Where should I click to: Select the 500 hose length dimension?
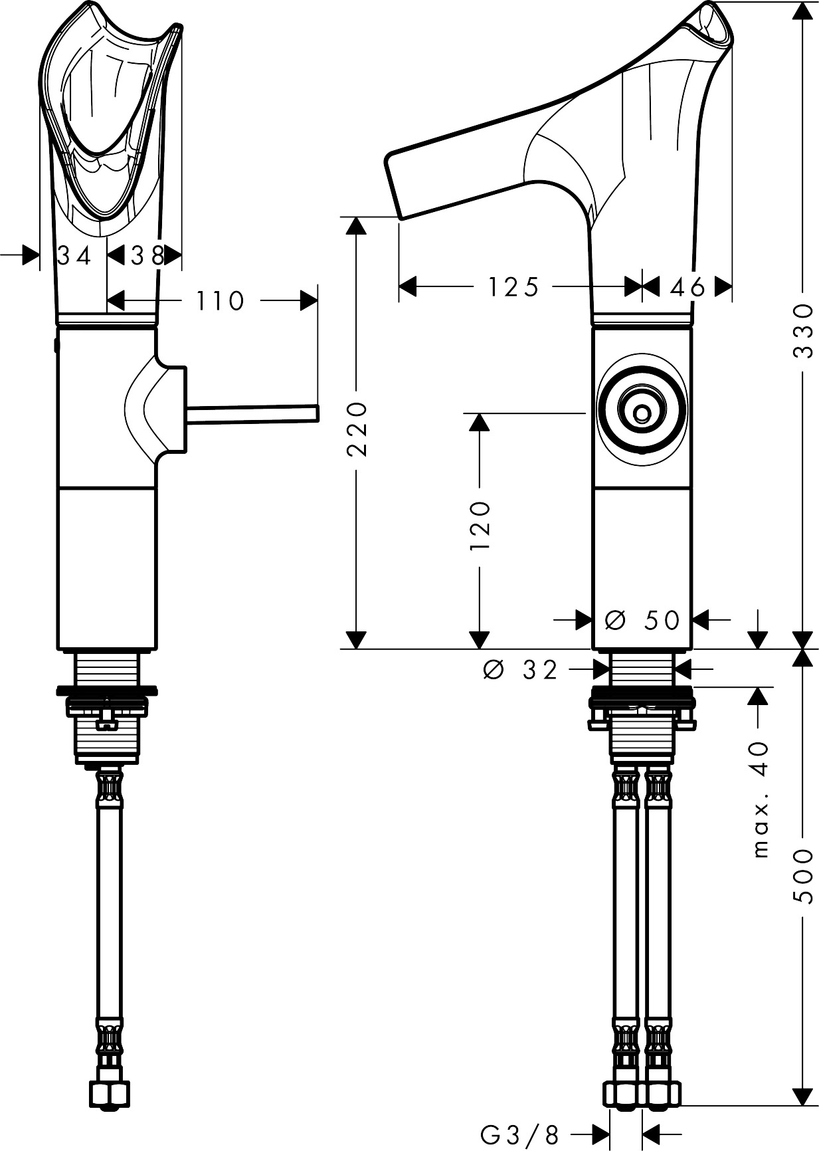click(804, 875)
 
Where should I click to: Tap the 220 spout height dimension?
click(357, 428)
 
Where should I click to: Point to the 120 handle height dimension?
click(480, 525)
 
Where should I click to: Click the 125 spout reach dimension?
click(513, 287)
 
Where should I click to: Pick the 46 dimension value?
click(687, 287)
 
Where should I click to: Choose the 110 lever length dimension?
click(220, 301)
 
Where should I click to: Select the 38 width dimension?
click(146, 255)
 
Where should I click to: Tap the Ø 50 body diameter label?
click(642, 620)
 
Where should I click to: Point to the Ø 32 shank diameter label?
click(520, 670)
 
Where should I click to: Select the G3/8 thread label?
click(520, 1134)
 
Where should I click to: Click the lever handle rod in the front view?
click(252, 413)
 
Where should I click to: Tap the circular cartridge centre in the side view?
click(642, 414)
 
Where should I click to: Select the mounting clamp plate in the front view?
click(106, 691)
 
